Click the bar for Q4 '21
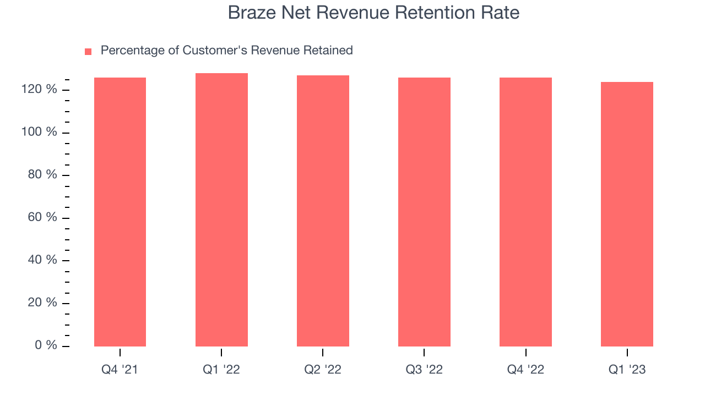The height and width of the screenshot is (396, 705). click(120, 212)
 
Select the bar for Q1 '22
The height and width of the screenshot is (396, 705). click(221, 210)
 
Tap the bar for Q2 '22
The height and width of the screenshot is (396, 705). click(323, 211)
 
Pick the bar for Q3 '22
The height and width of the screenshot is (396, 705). click(424, 212)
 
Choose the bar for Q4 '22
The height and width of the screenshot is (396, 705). click(525, 212)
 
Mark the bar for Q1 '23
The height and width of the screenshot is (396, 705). click(627, 214)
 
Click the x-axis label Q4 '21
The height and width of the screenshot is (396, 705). click(120, 370)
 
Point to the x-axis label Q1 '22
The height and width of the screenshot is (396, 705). click(221, 370)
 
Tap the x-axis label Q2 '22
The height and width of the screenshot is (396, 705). click(323, 370)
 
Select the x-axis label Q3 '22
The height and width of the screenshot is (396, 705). click(424, 370)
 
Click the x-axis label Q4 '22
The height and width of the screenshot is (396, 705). click(525, 370)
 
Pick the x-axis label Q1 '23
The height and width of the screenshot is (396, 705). click(627, 370)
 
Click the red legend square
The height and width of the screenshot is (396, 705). click(88, 52)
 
